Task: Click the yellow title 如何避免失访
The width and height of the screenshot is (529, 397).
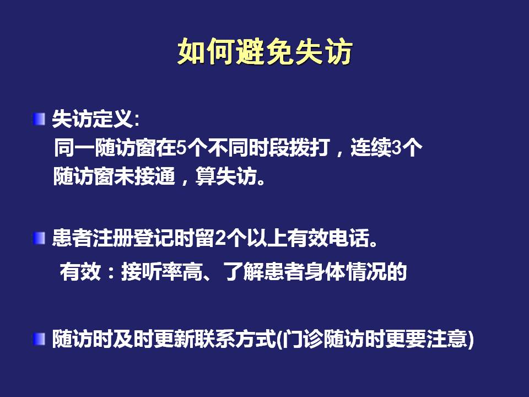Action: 265,52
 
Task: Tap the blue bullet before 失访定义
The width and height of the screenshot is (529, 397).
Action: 39,119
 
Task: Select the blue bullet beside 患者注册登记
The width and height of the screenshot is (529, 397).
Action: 39,238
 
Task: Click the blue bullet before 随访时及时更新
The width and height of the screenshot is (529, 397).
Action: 39,339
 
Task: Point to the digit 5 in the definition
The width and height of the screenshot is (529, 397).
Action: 181,148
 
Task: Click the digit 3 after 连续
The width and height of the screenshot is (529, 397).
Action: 397,148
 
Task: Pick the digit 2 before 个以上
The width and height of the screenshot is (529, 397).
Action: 220,238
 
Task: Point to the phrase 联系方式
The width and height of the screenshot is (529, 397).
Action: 235,339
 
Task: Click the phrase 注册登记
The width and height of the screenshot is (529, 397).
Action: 133,238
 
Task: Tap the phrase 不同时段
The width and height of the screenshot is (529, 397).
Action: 249,148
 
